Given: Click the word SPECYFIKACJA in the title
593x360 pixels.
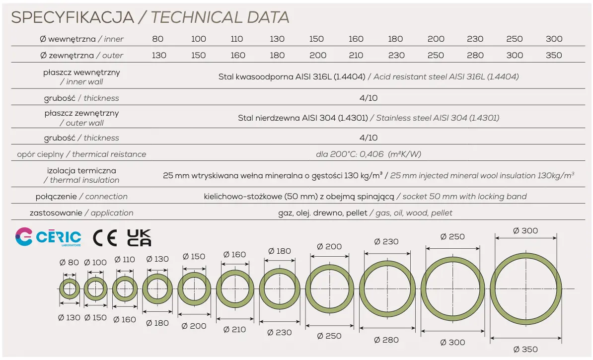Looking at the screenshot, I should pyautogui.click(x=73, y=17).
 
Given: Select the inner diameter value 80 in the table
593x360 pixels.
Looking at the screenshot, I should pyautogui.click(x=158, y=39).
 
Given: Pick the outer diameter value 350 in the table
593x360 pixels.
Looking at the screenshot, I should pyautogui.click(x=554, y=55).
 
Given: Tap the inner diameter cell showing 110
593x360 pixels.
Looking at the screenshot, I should pyautogui.click(x=237, y=39).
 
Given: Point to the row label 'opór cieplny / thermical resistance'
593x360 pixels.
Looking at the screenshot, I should pyautogui.click(x=81, y=154).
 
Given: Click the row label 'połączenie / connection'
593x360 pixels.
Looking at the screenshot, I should pyautogui.click(x=81, y=196).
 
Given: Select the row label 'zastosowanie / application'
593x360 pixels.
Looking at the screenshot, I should pyautogui.click(x=81, y=213).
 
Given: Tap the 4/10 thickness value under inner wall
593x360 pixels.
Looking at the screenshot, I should pyautogui.click(x=368, y=98).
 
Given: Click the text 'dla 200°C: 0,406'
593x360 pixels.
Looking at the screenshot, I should pyautogui.click(x=350, y=154).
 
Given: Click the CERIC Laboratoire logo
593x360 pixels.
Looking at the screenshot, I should pyautogui.click(x=48, y=237).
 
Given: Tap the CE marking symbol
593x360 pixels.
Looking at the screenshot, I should pyautogui.click(x=105, y=237).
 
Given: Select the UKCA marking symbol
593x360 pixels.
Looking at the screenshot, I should pyautogui.click(x=139, y=237).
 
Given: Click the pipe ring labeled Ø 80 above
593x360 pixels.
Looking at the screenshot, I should pyautogui.click(x=70, y=289).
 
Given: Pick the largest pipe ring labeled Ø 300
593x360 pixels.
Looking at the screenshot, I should pyautogui.click(x=526, y=289).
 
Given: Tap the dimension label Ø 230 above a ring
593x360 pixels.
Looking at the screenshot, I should pyautogui.click(x=386, y=241).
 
